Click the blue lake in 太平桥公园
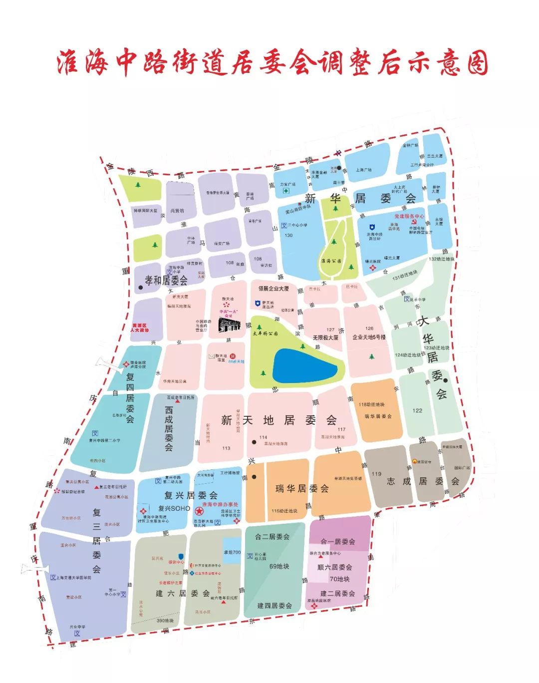305,366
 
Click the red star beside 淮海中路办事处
199,511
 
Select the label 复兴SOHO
174,508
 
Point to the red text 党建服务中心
409,216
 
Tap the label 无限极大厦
325,338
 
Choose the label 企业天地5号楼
369,337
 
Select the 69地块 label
279,566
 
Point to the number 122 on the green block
417,410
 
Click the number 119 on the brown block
376,474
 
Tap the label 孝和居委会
166,280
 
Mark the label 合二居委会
272,537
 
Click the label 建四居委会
274,606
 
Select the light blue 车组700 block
232,551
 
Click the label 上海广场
364,170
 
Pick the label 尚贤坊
177,211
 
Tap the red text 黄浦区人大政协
140,328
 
